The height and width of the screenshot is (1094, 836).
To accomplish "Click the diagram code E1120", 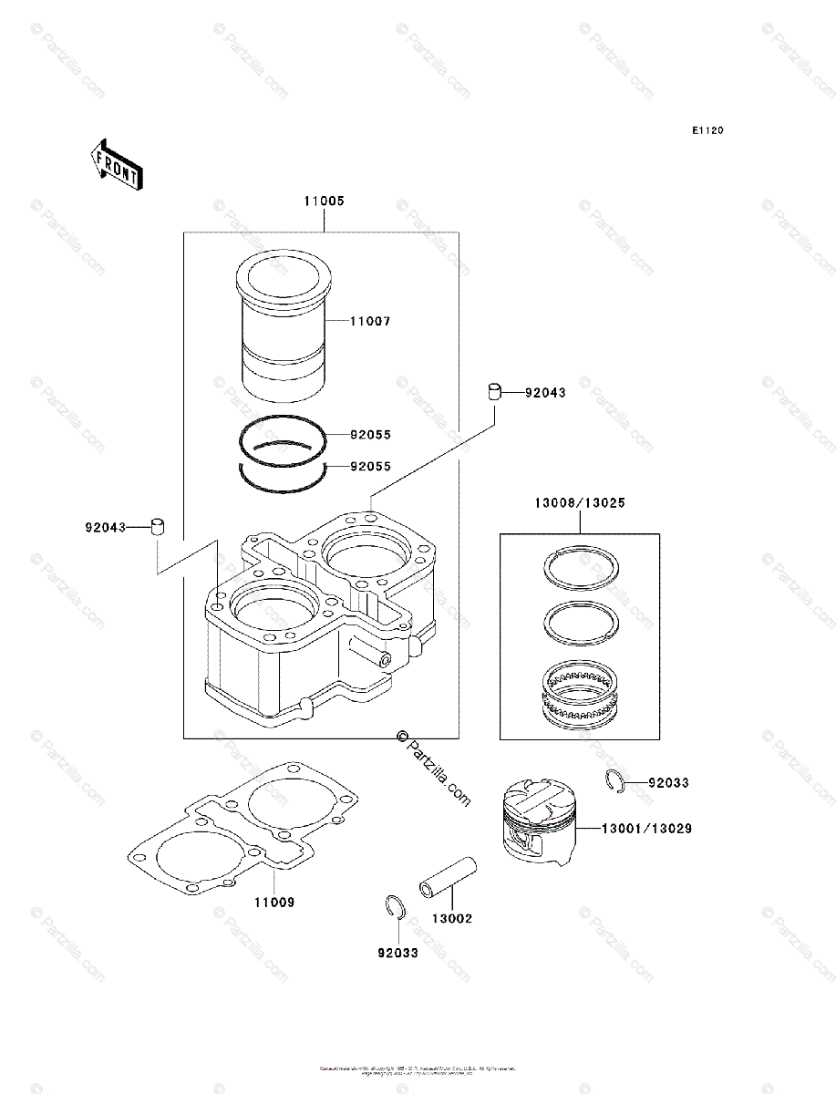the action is click(x=707, y=131).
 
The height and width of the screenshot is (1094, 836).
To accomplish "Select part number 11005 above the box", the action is click(x=324, y=201).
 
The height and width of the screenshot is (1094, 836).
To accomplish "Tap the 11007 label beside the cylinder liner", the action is click(x=371, y=322).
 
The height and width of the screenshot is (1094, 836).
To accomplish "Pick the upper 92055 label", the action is click(x=371, y=435).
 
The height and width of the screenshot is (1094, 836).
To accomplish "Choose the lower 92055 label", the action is click(x=371, y=466).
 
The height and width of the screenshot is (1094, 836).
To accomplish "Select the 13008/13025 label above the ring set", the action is click(x=579, y=502).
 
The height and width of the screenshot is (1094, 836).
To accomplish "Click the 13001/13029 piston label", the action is click(x=645, y=829).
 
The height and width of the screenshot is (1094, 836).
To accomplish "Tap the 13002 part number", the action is click(x=452, y=919).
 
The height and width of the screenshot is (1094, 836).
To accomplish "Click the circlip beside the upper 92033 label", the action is click(x=615, y=780).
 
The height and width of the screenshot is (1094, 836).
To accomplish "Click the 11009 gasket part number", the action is click(x=274, y=902).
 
